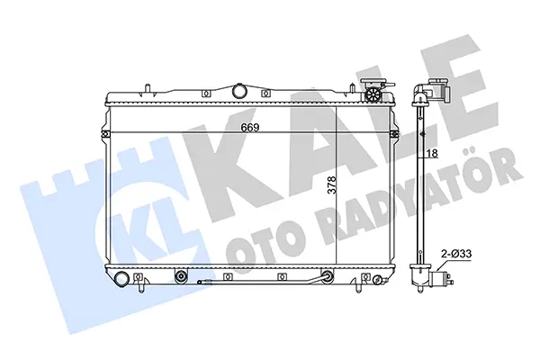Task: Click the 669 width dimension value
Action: [x=250, y=128]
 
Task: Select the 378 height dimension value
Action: [x=331, y=185]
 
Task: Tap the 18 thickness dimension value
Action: [x=432, y=153]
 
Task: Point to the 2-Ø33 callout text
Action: [x=456, y=254]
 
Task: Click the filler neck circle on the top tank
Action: [x=239, y=91]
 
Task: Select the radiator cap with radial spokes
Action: [x=373, y=94]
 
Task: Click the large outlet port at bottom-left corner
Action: [x=121, y=279]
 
